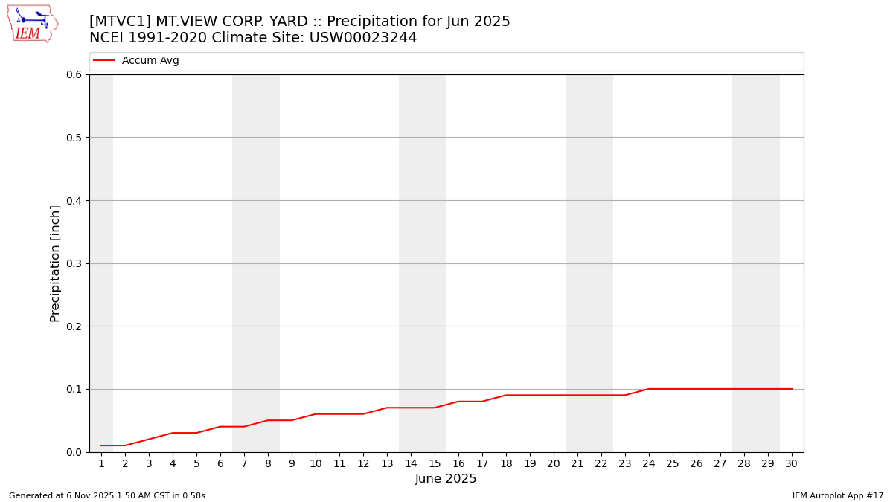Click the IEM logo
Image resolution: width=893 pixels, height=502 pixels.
click(x=33, y=24)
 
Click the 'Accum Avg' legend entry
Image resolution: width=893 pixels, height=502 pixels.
click(x=150, y=61)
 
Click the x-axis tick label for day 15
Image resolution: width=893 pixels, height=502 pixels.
click(x=435, y=463)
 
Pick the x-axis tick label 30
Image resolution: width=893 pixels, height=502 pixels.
click(x=792, y=463)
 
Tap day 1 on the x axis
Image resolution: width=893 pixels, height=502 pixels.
click(x=101, y=463)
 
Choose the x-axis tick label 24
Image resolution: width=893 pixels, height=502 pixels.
click(x=649, y=463)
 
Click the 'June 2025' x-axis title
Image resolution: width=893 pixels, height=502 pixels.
click(x=446, y=479)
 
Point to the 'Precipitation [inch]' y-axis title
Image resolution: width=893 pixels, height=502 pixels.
click(x=55, y=263)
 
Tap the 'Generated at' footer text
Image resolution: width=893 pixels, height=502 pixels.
click(x=107, y=495)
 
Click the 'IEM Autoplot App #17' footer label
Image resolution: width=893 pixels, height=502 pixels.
click(x=838, y=495)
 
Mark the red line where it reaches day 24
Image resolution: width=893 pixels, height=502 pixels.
click(x=649, y=389)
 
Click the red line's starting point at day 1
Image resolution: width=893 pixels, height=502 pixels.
click(x=101, y=445)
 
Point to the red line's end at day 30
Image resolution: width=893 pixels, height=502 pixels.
click(x=792, y=389)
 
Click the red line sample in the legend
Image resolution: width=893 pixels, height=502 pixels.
click(x=104, y=61)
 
